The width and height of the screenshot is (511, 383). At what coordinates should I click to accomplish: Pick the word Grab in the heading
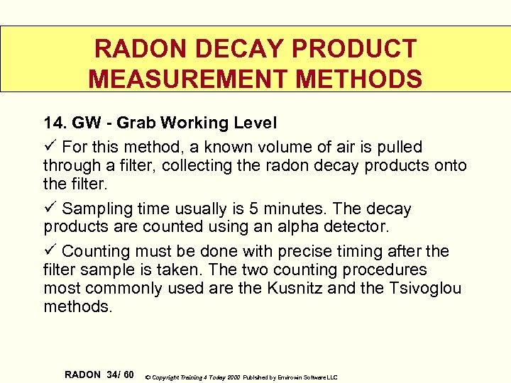click(x=136, y=123)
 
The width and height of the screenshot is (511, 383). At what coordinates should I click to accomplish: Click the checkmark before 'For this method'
click(x=50, y=147)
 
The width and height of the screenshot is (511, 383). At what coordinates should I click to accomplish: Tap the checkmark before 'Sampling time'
click(x=50, y=209)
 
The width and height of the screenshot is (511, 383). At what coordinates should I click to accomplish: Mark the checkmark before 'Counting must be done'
click(x=50, y=251)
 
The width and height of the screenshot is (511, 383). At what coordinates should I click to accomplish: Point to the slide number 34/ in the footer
click(x=115, y=374)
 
